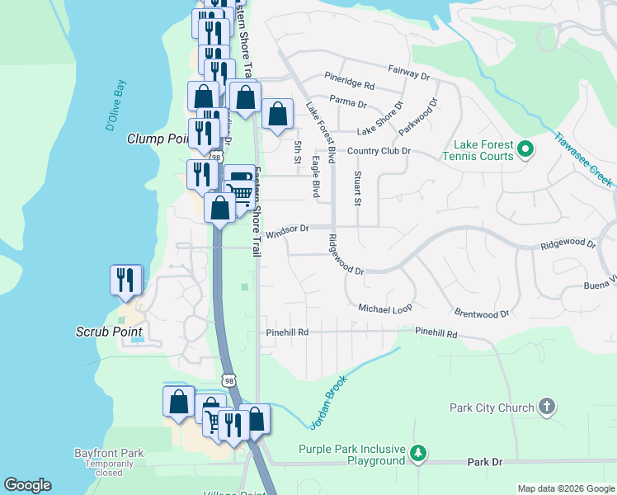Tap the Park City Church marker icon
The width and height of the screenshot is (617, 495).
click(546, 407)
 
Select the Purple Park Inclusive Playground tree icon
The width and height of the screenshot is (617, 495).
click(419, 453)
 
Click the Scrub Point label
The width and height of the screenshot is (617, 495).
click(105, 332)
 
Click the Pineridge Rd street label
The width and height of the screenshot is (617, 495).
click(350, 86)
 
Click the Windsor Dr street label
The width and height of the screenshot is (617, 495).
click(286, 228)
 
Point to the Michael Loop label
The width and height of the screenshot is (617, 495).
click(384, 308)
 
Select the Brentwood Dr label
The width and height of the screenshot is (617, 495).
click(482, 313)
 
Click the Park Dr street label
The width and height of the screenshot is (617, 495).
click(484, 463)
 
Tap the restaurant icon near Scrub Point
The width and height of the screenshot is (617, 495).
click(126, 280)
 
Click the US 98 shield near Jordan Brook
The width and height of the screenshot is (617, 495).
click(229, 380)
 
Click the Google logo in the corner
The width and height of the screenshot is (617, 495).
click(27, 485)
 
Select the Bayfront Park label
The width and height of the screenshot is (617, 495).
click(109, 453)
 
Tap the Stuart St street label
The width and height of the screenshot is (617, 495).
click(357, 188)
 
